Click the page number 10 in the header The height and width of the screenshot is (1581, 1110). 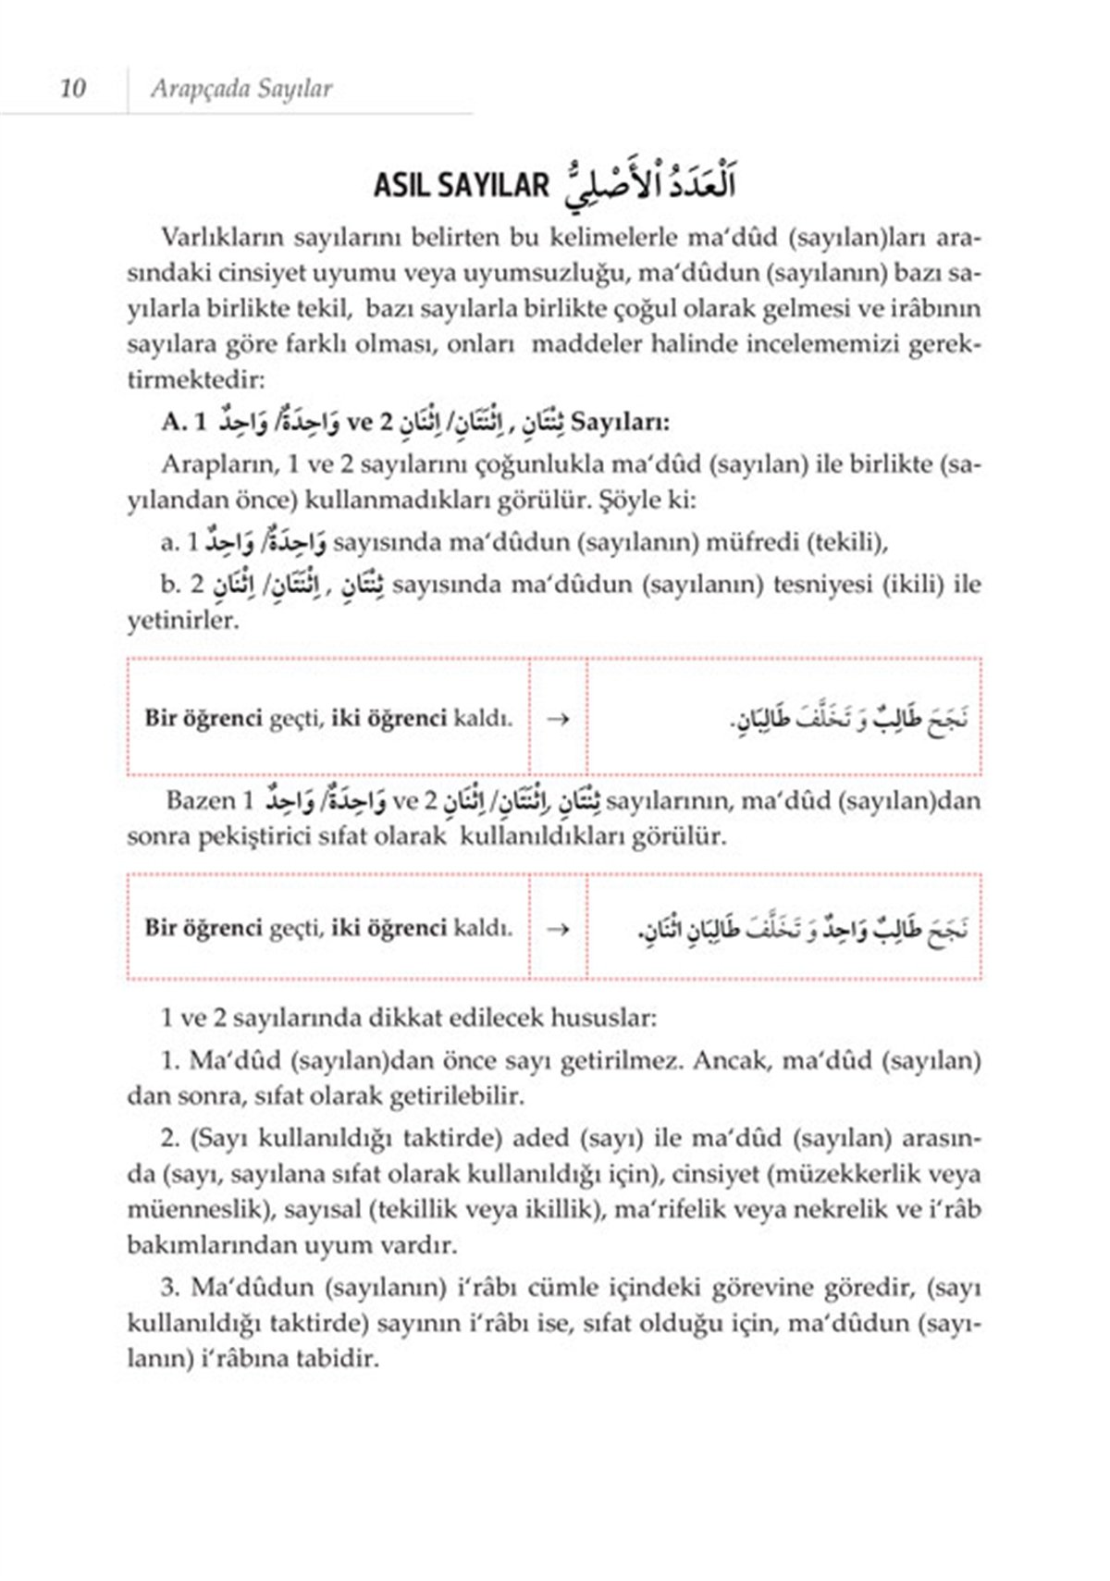point(72,88)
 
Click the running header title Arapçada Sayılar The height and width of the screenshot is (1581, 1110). point(240,89)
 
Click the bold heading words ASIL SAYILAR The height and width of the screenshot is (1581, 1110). point(461,185)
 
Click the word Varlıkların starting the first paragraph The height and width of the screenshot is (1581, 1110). point(222,237)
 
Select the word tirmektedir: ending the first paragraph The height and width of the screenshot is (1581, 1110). point(195,379)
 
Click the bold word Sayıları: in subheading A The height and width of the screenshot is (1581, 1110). point(622,422)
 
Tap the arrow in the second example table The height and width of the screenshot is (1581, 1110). point(558,928)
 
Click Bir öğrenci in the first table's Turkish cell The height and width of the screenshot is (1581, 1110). point(203,719)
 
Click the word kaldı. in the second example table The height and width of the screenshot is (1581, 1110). point(483,928)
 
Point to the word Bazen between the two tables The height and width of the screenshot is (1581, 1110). point(200,800)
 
